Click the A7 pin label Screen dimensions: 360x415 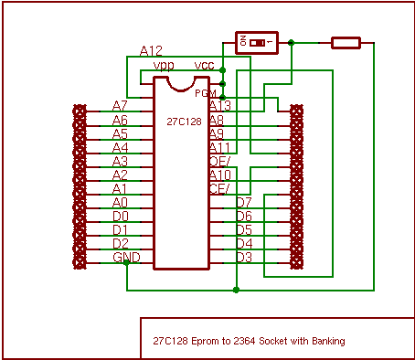pyautogui.click(x=120, y=106)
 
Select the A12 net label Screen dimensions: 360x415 pyautogui.click(x=151, y=50)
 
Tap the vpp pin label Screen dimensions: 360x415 pyautogui.click(x=164, y=66)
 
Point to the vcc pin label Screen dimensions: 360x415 pyautogui.click(x=205, y=66)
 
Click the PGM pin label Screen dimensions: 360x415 pyautogui.click(x=205, y=93)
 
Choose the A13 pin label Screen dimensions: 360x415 pyautogui.click(x=219, y=106)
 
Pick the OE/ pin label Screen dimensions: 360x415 pyautogui.click(x=219, y=161)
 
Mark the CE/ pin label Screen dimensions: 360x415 pyautogui.click(x=219, y=188)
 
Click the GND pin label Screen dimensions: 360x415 pyautogui.click(x=126, y=258)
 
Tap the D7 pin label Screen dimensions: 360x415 pyautogui.click(x=243, y=202)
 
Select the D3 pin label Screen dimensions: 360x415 pyautogui.click(x=243, y=258)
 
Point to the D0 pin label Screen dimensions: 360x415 pyautogui.click(x=120, y=217)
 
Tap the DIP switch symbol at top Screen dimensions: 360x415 pyautogui.click(x=255, y=42)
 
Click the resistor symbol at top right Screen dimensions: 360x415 pyautogui.click(x=346, y=42)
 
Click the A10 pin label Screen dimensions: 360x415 pyautogui.click(x=219, y=175)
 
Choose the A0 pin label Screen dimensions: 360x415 pyautogui.click(x=120, y=203)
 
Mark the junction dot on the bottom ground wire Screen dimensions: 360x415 pyautogui.click(x=237, y=291)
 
